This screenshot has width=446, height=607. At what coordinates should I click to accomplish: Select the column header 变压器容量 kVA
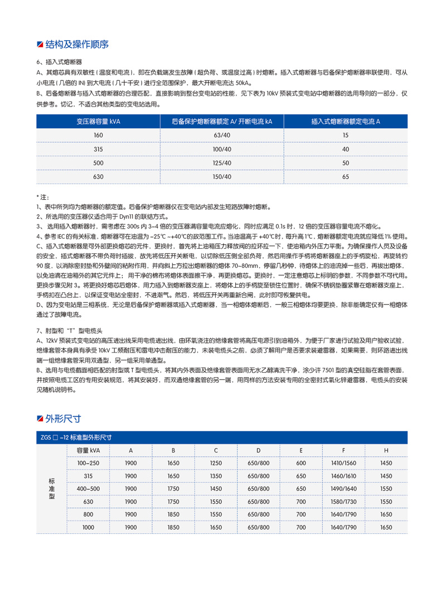[x=99, y=121]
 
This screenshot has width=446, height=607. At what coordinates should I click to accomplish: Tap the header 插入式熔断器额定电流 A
[x=346, y=121]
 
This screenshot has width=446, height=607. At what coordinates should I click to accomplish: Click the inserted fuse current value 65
[x=346, y=177]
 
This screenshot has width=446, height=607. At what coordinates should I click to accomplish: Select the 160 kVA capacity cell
[x=99, y=136]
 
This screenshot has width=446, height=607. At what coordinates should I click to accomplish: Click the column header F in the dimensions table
[x=343, y=450]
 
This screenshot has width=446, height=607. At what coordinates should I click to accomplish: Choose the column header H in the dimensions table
[x=386, y=450]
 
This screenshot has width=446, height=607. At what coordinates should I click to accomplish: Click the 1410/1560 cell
[x=343, y=463]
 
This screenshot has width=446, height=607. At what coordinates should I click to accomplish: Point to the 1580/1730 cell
[x=343, y=502]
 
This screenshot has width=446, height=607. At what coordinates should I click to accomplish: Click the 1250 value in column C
[x=216, y=463]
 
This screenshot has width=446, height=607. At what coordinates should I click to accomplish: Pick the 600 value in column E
[x=301, y=463]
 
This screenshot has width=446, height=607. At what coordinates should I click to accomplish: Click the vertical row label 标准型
[x=52, y=489]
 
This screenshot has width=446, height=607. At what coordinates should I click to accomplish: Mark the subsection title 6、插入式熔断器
[x=59, y=62]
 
